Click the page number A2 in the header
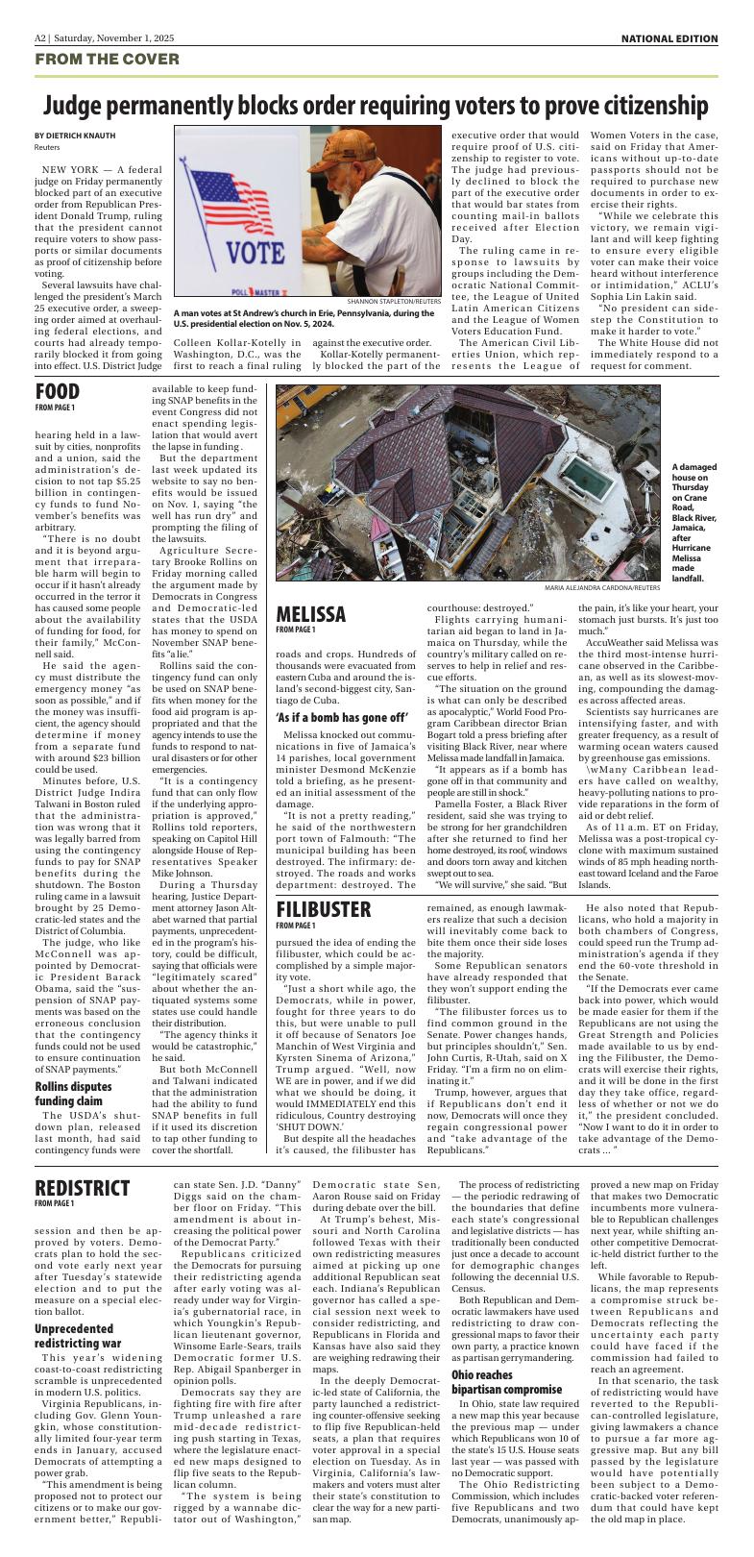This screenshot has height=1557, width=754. tap(41, 38)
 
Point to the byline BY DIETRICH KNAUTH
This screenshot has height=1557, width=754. tap(75, 136)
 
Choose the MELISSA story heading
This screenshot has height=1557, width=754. tap(310, 614)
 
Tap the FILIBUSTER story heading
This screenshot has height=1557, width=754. tap(324, 909)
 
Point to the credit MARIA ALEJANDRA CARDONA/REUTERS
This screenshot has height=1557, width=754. tap(589, 586)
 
